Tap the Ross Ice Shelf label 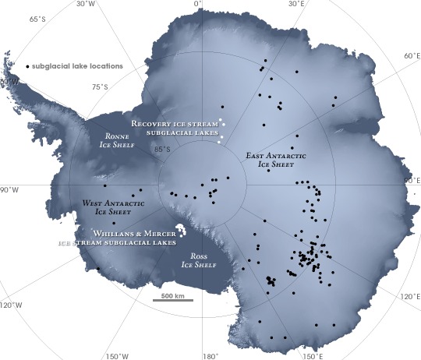tap(198, 259)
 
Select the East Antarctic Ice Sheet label tap(274, 160)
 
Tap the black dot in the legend tap(28, 66)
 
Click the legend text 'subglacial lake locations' tap(77, 66)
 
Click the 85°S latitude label tap(162, 149)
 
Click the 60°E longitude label tap(411, 56)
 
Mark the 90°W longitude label tap(9, 189)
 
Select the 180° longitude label tap(210, 356)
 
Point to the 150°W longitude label tap(114, 356)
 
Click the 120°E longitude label tap(411, 296)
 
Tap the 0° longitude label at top tap(198, 4)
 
